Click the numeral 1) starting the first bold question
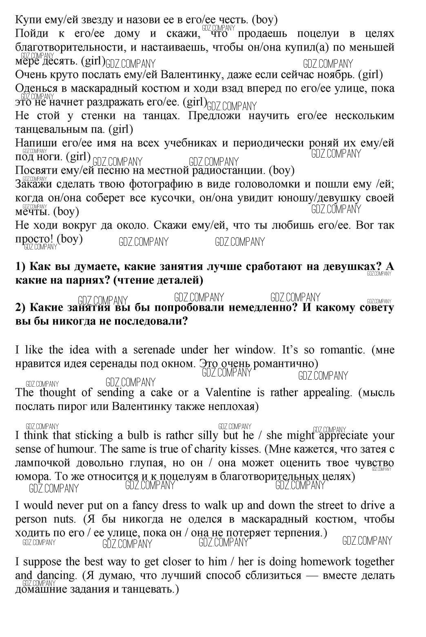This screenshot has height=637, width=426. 21,266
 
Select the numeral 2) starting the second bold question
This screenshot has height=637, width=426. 21,307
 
